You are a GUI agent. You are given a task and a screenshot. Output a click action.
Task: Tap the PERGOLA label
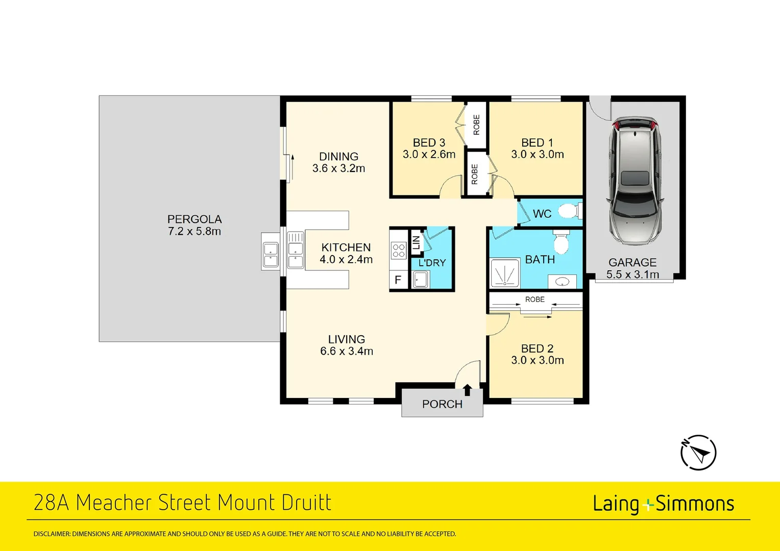pos(194,219)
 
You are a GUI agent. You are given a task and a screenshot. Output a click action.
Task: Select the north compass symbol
pos(698,452)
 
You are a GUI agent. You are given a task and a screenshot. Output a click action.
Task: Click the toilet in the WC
pos(569,211)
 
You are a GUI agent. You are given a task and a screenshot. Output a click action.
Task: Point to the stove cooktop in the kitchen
pos(399,251)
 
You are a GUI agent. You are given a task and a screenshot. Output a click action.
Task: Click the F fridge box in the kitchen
pos(398,280)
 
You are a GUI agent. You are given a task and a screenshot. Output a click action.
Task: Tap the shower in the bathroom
pos(504,273)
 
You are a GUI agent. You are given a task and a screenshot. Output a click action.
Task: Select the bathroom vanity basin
pos(562,282)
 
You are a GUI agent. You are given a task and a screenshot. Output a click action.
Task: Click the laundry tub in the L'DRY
pos(421,280)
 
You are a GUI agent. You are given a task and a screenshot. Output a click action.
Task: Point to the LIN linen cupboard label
pos(417,243)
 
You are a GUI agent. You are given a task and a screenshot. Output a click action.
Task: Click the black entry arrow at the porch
pos(467,390)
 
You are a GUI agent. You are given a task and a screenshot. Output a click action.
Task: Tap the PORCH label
pos(442,404)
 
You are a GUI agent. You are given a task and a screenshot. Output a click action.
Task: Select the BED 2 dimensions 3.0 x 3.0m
pos(538,360)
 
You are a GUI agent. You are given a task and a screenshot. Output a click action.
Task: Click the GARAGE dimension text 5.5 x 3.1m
pos(632,274)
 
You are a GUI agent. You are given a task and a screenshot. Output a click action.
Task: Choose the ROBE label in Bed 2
pos(535,299)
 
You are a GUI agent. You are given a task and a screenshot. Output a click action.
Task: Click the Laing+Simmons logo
pos(663,504)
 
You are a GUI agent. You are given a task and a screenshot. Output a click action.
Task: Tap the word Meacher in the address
pos(114,503)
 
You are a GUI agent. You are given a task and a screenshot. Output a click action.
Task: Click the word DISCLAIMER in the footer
pos(52,534)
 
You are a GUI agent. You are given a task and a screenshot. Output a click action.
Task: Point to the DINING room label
pos(338,157)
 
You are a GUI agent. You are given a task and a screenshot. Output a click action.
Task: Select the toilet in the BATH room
pos(561,242)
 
